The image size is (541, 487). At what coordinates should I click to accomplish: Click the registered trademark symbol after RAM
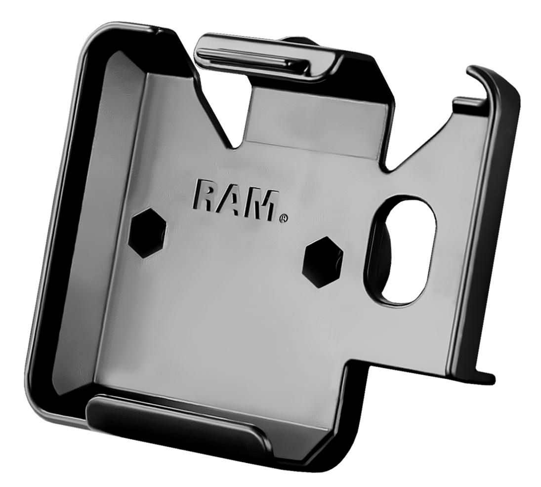coord(283,218)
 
